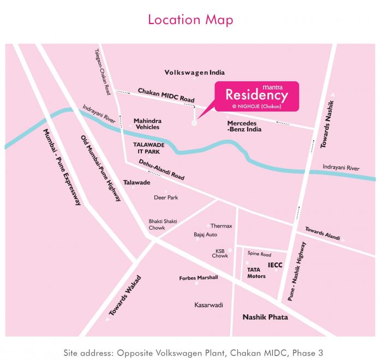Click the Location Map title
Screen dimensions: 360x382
click(190, 20)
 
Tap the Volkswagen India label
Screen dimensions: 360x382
click(195, 73)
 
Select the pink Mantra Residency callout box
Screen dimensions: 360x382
click(257, 97)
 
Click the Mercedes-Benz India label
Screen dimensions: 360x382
click(244, 126)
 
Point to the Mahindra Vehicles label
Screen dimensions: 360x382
click(147, 124)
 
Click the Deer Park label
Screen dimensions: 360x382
click(166, 197)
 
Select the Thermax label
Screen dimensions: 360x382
click(222, 226)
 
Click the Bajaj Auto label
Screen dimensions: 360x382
click(205, 235)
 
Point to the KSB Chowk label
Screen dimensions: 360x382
click(220, 253)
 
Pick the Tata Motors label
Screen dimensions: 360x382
click(256, 273)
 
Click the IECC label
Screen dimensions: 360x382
click(275, 266)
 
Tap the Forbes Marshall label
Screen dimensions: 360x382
click(199, 278)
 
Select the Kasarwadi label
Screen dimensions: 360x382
click(209, 305)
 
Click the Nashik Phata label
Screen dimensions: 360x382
click(265, 317)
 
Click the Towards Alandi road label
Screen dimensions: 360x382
click(323, 233)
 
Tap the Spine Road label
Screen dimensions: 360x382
click(259, 254)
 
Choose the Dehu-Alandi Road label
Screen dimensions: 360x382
click(162, 170)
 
